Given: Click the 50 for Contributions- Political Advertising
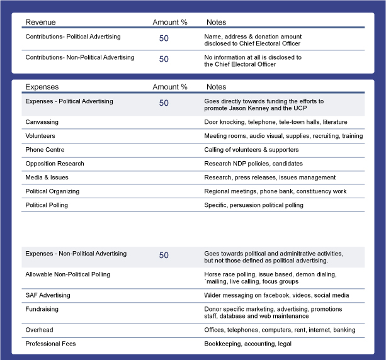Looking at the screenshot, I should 164,38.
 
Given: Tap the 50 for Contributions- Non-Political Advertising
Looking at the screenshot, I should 164,59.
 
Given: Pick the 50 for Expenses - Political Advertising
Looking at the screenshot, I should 164,103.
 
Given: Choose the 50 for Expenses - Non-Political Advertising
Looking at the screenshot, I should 164,256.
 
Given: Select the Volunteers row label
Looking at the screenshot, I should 40,136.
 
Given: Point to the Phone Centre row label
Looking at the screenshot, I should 45,150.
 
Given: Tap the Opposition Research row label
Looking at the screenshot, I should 55,164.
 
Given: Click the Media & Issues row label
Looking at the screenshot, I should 47,177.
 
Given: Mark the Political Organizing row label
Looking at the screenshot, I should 52,191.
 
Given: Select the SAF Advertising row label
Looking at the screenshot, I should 48,295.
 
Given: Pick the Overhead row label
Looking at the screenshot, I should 39,330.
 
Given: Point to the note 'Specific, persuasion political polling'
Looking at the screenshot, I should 253,205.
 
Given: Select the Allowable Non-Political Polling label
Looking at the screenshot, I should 67,274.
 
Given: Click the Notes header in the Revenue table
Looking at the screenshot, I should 216,23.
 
